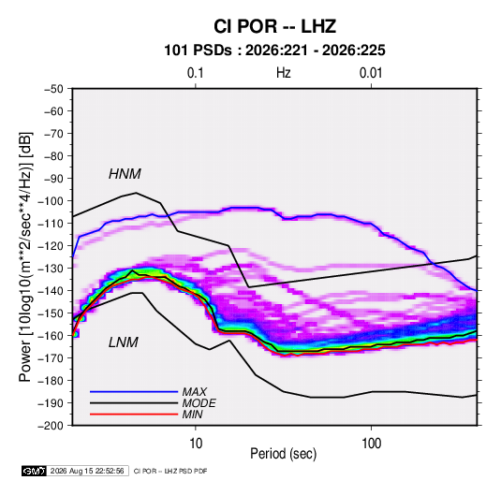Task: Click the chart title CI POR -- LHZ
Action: click(x=274, y=26)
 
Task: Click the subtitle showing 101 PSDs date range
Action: click(x=274, y=51)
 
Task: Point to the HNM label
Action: click(x=125, y=174)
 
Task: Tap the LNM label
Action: click(x=124, y=342)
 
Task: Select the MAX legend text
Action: click(x=194, y=392)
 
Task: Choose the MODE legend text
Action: click(x=199, y=403)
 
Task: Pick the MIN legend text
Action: click(x=192, y=415)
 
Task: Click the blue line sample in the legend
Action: click(x=134, y=391)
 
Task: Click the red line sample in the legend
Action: click(x=134, y=415)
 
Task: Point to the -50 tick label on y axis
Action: click(x=53, y=89)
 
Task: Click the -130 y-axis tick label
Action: click(x=51, y=269)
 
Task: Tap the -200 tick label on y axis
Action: click(x=51, y=426)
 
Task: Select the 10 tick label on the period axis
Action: click(x=196, y=444)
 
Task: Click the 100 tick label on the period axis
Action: click(x=371, y=444)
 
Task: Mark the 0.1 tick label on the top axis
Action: click(x=195, y=73)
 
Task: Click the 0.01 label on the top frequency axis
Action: click(x=371, y=73)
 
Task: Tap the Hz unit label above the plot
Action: click(x=284, y=73)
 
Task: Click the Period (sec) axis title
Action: click(x=284, y=454)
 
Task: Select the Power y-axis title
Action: click(x=25, y=257)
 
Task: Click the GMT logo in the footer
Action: click(x=35, y=471)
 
